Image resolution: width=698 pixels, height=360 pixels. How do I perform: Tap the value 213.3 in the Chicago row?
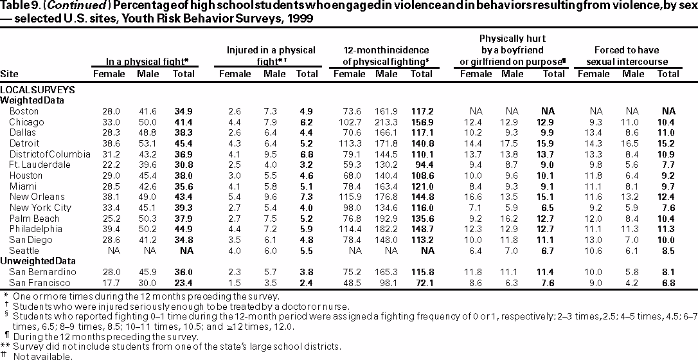pos(386,122)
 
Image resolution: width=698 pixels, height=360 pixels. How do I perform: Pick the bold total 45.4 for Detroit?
pos(183,143)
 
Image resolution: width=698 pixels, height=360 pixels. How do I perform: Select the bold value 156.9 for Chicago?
pos(422,122)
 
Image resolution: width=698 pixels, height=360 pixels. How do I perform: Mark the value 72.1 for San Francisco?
pos(422,282)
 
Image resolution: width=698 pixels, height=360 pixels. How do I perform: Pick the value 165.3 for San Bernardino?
pos(386,271)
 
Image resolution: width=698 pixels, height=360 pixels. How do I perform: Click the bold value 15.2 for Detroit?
pos(669,143)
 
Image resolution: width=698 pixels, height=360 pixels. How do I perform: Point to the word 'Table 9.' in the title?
pos(17,6)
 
